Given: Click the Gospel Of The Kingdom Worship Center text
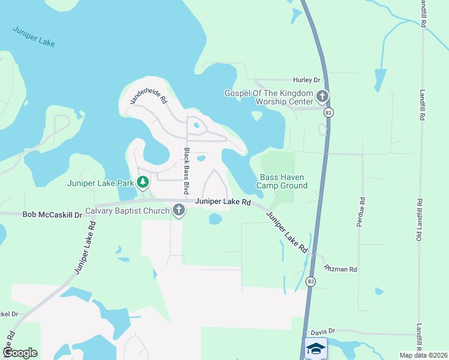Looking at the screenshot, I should [269, 97].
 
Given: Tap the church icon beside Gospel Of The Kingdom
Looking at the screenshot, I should [322, 95].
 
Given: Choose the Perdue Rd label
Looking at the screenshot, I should [361, 212].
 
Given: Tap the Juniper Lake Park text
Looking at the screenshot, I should [101, 182].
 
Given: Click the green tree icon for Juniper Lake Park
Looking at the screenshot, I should [143, 182].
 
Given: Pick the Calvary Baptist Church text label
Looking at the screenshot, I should [127, 210].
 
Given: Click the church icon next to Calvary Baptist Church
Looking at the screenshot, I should [178, 210].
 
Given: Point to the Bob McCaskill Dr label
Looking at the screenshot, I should [52, 214].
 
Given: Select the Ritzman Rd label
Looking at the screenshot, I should [340, 269].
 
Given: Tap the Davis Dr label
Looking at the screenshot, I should [322, 331].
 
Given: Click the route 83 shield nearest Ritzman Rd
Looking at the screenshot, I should [310, 282].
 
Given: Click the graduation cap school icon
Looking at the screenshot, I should [316, 349].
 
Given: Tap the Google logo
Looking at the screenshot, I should [20, 353].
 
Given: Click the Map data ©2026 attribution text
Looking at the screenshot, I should [423, 355].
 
